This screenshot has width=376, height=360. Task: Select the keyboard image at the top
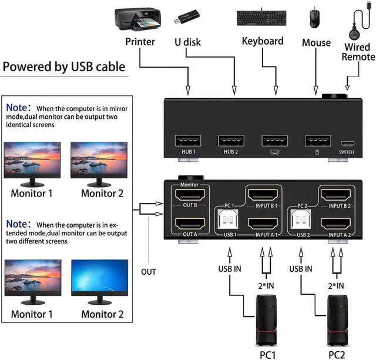pos(262,18)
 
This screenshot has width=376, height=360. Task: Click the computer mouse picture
pos(316,18)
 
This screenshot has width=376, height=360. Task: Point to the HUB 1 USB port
pos(188,141)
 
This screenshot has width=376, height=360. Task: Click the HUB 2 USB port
pos(231,141)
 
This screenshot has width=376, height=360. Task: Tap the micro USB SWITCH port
pos(347,144)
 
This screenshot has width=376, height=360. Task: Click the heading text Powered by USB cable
pos(64,66)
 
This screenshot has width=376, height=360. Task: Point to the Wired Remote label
pos(358,51)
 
